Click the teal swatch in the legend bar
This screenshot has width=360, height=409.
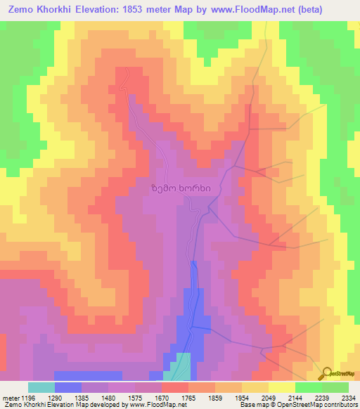[41, 387]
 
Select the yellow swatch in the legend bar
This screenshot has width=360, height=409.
[281, 387]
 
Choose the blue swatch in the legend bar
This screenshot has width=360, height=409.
[68, 387]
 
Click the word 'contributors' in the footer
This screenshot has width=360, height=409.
[340, 405]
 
